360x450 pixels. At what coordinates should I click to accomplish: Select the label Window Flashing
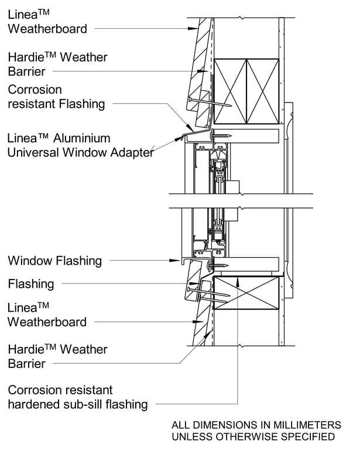pos(54,260)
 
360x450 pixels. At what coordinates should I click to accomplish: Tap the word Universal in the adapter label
pos(35,153)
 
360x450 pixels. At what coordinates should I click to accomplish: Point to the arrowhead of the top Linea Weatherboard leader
pos(193,28)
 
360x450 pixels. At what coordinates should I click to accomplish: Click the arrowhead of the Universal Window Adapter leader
pos(179,139)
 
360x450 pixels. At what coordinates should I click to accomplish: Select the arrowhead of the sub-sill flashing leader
pos(238,279)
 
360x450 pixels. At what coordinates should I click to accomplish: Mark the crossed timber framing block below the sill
pos(246,292)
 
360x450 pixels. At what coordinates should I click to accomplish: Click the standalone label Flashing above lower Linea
pos(31,284)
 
